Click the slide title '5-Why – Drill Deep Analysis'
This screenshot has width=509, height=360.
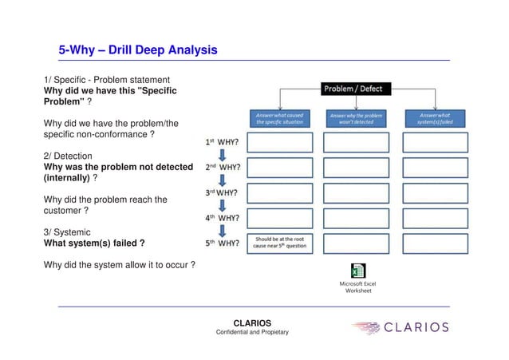(x=138, y=51)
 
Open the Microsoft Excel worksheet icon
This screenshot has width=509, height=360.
(x=357, y=271)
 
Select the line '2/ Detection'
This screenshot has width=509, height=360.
(x=68, y=156)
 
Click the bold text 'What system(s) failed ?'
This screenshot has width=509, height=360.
(x=93, y=243)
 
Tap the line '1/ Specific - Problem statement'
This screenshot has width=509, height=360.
(x=105, y=80)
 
